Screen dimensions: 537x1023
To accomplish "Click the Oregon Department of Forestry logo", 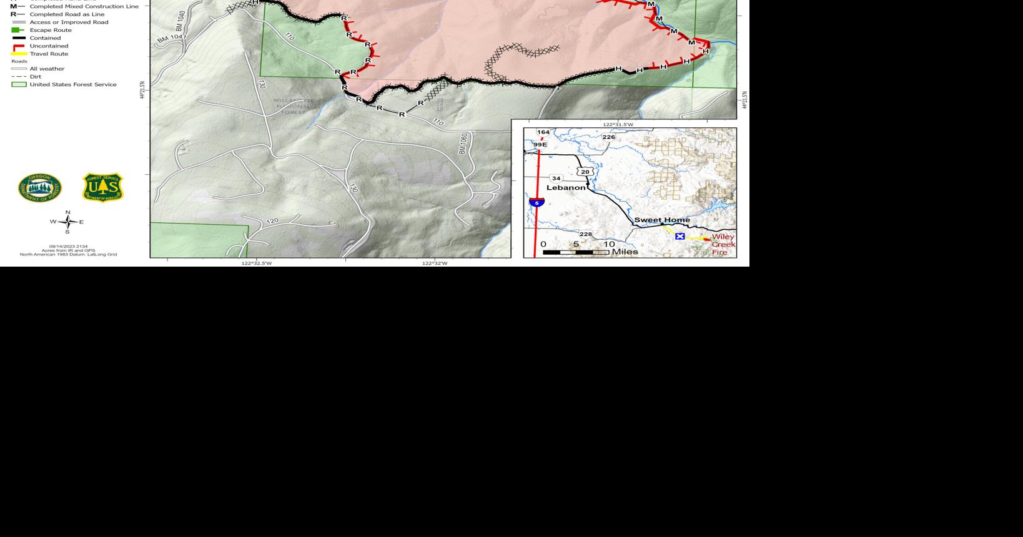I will [40, 188].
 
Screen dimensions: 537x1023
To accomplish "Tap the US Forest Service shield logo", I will [103, 188].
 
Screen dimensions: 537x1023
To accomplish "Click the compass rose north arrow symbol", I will [67, 222].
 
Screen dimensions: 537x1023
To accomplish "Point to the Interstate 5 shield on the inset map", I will [536, 202].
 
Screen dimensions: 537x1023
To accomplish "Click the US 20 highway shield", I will [585, 172].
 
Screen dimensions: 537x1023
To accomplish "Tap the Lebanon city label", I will [566, 187].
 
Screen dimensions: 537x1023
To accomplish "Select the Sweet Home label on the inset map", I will [662, 220].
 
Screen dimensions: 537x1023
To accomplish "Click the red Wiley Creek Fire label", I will [723, 244].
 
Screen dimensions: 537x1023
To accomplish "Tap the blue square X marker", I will [680, 236].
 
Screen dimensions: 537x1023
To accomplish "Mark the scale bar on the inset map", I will [576, 252].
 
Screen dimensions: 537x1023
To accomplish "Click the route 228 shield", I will [585, 234].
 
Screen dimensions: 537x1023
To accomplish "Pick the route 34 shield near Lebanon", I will [556, 179].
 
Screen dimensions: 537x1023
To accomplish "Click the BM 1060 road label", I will [463, 143].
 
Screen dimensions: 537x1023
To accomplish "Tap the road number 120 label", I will [272, 221].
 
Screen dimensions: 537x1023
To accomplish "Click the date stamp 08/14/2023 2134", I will [68, 247].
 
